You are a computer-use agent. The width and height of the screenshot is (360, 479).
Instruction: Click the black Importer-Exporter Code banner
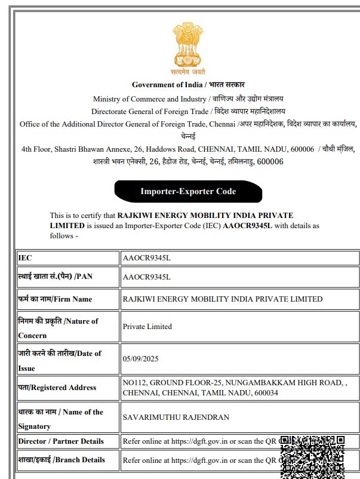tap(188, 192)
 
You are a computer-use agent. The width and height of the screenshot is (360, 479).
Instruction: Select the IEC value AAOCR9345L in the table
tap(147, 258)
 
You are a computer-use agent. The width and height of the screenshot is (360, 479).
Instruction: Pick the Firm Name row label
tap(55, 299)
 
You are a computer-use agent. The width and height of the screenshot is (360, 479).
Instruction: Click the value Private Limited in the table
tap(147, 327)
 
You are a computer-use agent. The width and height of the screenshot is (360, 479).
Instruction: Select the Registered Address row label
tap(57, 388)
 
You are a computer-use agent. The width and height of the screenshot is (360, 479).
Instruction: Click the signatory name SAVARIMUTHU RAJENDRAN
tap(176, 417)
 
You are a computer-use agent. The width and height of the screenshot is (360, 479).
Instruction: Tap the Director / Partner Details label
tap(61, 441)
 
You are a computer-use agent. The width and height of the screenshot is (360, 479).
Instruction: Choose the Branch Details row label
tap(61, 460)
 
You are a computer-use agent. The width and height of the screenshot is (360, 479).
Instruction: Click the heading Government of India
tap(188, 85)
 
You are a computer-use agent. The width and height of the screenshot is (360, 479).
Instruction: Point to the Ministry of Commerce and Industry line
tap(188, 99)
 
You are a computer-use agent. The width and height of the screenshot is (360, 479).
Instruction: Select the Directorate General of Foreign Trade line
tap(188, 112)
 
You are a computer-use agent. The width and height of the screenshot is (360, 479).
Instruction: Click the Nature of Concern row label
tap(58, 328)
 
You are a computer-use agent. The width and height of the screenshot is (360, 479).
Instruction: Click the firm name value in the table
tap(222, 299)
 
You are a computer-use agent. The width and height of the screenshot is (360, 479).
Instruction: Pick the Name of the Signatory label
tap(60, 419)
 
